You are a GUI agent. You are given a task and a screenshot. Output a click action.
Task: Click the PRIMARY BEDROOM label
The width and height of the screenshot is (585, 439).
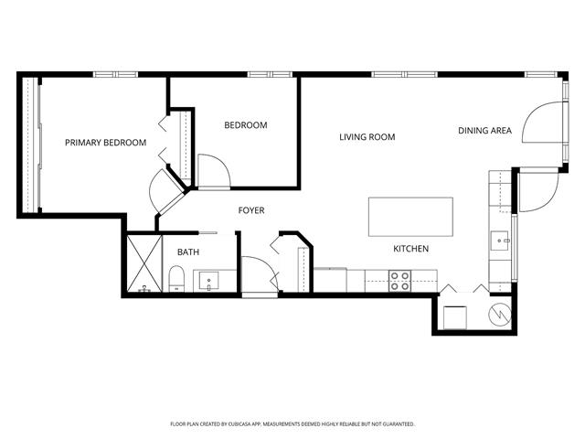pos(106,143)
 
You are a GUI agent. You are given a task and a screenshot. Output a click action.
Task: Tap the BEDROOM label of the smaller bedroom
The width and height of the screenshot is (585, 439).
pos(246,125)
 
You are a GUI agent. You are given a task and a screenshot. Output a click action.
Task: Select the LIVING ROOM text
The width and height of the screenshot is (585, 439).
pos(367,137)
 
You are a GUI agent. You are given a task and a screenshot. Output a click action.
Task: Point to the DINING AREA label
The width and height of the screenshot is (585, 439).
pos(484,131)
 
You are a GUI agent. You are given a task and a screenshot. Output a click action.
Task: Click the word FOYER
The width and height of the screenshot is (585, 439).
pos(251,210)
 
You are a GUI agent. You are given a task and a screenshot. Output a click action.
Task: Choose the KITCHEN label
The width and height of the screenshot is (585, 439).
pos(410,249)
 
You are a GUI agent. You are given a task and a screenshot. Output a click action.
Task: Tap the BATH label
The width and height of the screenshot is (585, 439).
pos(188,252)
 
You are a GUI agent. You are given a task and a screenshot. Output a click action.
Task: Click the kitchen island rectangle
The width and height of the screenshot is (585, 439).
pos(410,217)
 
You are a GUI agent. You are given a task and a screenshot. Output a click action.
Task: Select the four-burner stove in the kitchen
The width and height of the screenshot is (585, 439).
pos(400,281)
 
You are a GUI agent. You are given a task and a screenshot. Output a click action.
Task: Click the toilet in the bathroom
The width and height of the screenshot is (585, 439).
pos(176,278)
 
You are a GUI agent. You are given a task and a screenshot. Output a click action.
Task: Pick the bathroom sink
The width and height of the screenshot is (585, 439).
pos(209,281)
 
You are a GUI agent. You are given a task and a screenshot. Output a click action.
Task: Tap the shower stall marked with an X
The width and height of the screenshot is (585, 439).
pos(144,263)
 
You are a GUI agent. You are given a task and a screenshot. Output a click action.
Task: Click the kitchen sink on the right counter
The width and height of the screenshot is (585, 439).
pos(500,241)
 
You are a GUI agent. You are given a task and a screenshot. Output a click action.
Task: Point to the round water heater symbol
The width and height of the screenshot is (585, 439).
pos(500,315)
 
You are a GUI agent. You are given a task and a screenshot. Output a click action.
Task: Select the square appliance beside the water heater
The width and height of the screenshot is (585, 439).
pos(455,317)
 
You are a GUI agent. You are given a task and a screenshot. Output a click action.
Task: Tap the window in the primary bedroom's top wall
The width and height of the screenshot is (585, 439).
pos(116,75)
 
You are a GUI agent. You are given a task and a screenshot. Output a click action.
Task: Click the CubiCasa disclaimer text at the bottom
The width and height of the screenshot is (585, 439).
pos(292,424)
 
